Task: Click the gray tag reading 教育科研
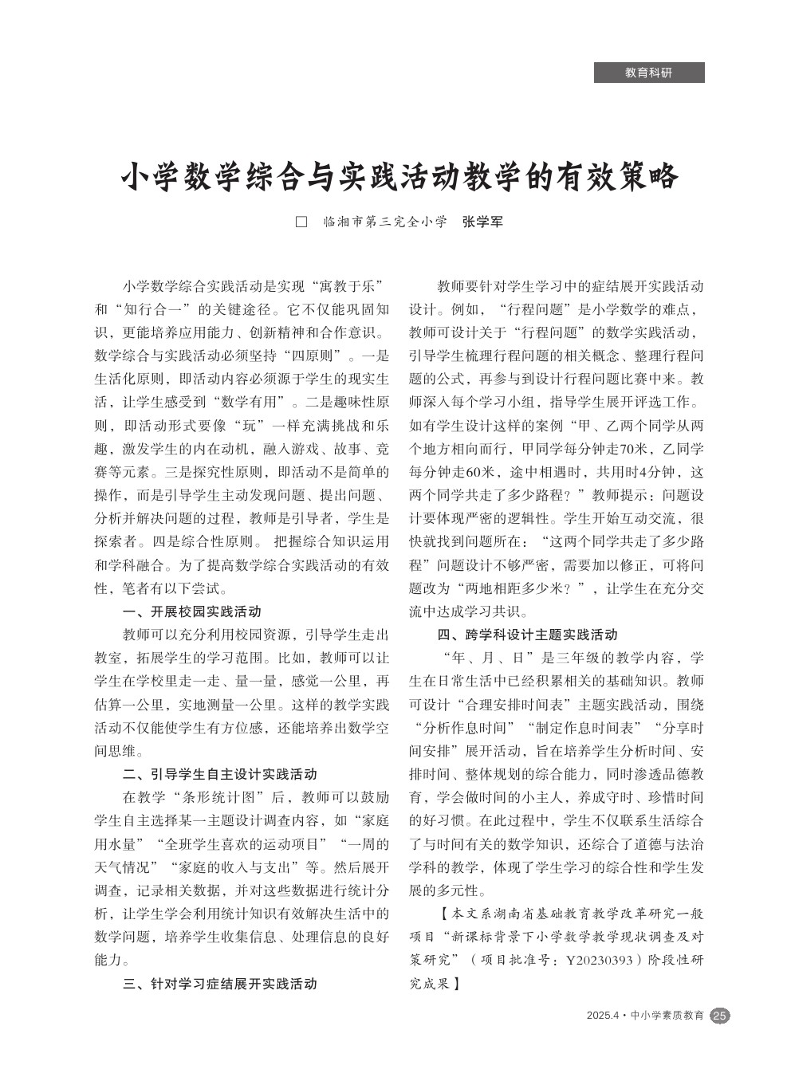pos(648,73)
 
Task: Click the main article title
pos(399,177)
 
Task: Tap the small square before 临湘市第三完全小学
pos(301,222)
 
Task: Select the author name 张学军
pos(483,222)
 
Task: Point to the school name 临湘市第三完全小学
pos(384,222)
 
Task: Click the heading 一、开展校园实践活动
pos(191,612)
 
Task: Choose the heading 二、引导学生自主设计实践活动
pos(220,774)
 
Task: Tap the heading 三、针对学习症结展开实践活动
pos(220,984)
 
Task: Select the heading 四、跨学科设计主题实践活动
pos(527,635)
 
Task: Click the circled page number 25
pos(719,1016)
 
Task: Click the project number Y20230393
pos(604,961)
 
